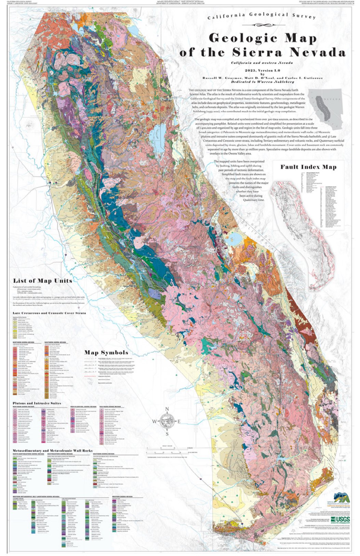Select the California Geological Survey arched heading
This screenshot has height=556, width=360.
coord(262,16)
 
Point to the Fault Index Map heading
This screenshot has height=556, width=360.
coord(308,167)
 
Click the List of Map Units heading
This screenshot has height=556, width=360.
coord(43,281)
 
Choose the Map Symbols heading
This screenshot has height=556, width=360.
coord(106,352)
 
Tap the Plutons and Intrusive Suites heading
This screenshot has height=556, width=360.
coord(37,403)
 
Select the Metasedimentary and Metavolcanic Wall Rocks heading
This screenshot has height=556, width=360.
coord(53,451)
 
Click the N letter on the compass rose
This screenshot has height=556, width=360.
coord(167,409)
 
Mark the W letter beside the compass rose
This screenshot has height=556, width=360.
coord(154,422)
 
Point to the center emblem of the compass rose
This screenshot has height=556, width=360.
coord(167,422)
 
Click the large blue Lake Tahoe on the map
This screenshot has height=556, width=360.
coord(158,133)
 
